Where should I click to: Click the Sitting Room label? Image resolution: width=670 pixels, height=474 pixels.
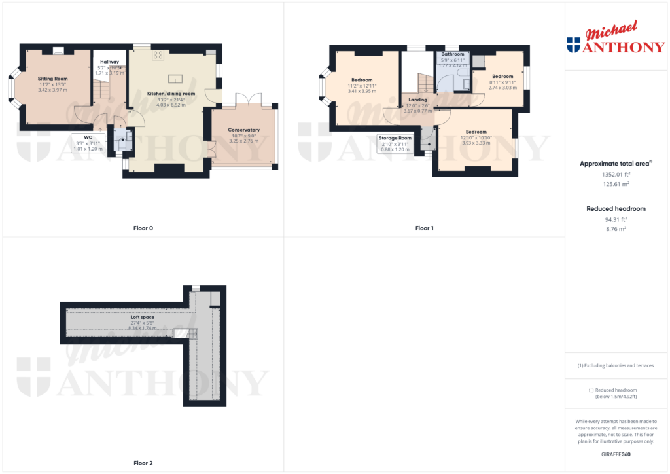tap(52, 78)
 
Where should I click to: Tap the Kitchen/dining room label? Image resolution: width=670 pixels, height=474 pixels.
tap(171, 94)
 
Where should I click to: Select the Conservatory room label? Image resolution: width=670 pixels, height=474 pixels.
tap(243, 130)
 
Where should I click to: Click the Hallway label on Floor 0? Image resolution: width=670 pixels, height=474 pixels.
tap(109, 62)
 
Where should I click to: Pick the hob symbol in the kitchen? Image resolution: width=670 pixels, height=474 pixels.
tap(158, 55)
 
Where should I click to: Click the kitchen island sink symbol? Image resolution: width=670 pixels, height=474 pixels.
tap(175, 79)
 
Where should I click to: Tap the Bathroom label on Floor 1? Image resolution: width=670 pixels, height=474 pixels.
tap(453, 54)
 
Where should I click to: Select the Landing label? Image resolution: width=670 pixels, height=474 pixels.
tap(417, 100)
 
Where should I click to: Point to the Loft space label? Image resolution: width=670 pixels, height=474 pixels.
tap(142, 317)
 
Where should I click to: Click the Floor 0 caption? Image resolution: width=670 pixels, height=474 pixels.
tap(142, 228)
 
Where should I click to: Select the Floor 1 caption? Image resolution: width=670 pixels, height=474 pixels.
tap(424, 228)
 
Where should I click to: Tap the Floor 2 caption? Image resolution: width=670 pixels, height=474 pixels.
tap(142, 463)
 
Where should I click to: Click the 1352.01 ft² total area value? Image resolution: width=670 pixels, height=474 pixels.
tap(615, 175)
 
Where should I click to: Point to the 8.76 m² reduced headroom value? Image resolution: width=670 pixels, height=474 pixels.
tap(615, 230)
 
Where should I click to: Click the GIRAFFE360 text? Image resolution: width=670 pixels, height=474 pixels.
tap(615, 454)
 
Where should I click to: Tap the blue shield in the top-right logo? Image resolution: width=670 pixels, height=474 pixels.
tap(573, 45)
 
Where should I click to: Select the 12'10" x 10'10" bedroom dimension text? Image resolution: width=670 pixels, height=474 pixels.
tap(476, 137)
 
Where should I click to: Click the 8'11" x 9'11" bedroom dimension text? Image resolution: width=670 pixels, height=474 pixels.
tap(502, 82)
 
